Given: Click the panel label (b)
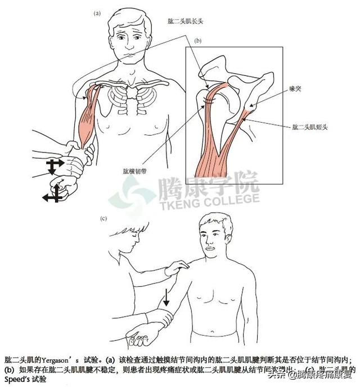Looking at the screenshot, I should pos(198,41).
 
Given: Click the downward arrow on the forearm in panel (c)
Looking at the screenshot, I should pos(167,297).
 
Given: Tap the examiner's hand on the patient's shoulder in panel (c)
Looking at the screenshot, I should pos(180,269).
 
